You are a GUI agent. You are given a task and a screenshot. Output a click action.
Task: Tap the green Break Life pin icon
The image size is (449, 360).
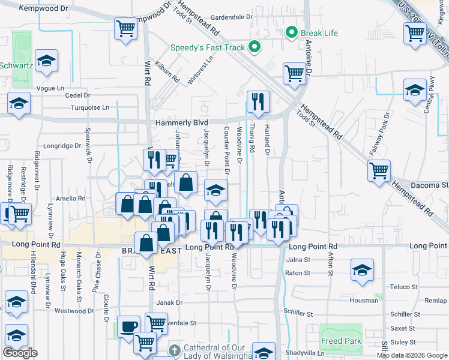(292, 31)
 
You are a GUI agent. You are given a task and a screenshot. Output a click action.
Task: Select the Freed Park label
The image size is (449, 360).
(340, 341)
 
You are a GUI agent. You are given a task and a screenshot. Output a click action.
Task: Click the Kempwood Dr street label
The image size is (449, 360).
(43, 8)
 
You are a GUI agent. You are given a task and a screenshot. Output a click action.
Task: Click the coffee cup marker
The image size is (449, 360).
(128, 326)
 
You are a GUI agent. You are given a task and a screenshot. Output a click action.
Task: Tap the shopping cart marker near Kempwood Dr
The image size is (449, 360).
(126, 28)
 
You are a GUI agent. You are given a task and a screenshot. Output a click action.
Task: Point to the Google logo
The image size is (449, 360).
(20, 353)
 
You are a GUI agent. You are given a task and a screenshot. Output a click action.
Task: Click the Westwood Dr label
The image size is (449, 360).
(71, 311)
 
